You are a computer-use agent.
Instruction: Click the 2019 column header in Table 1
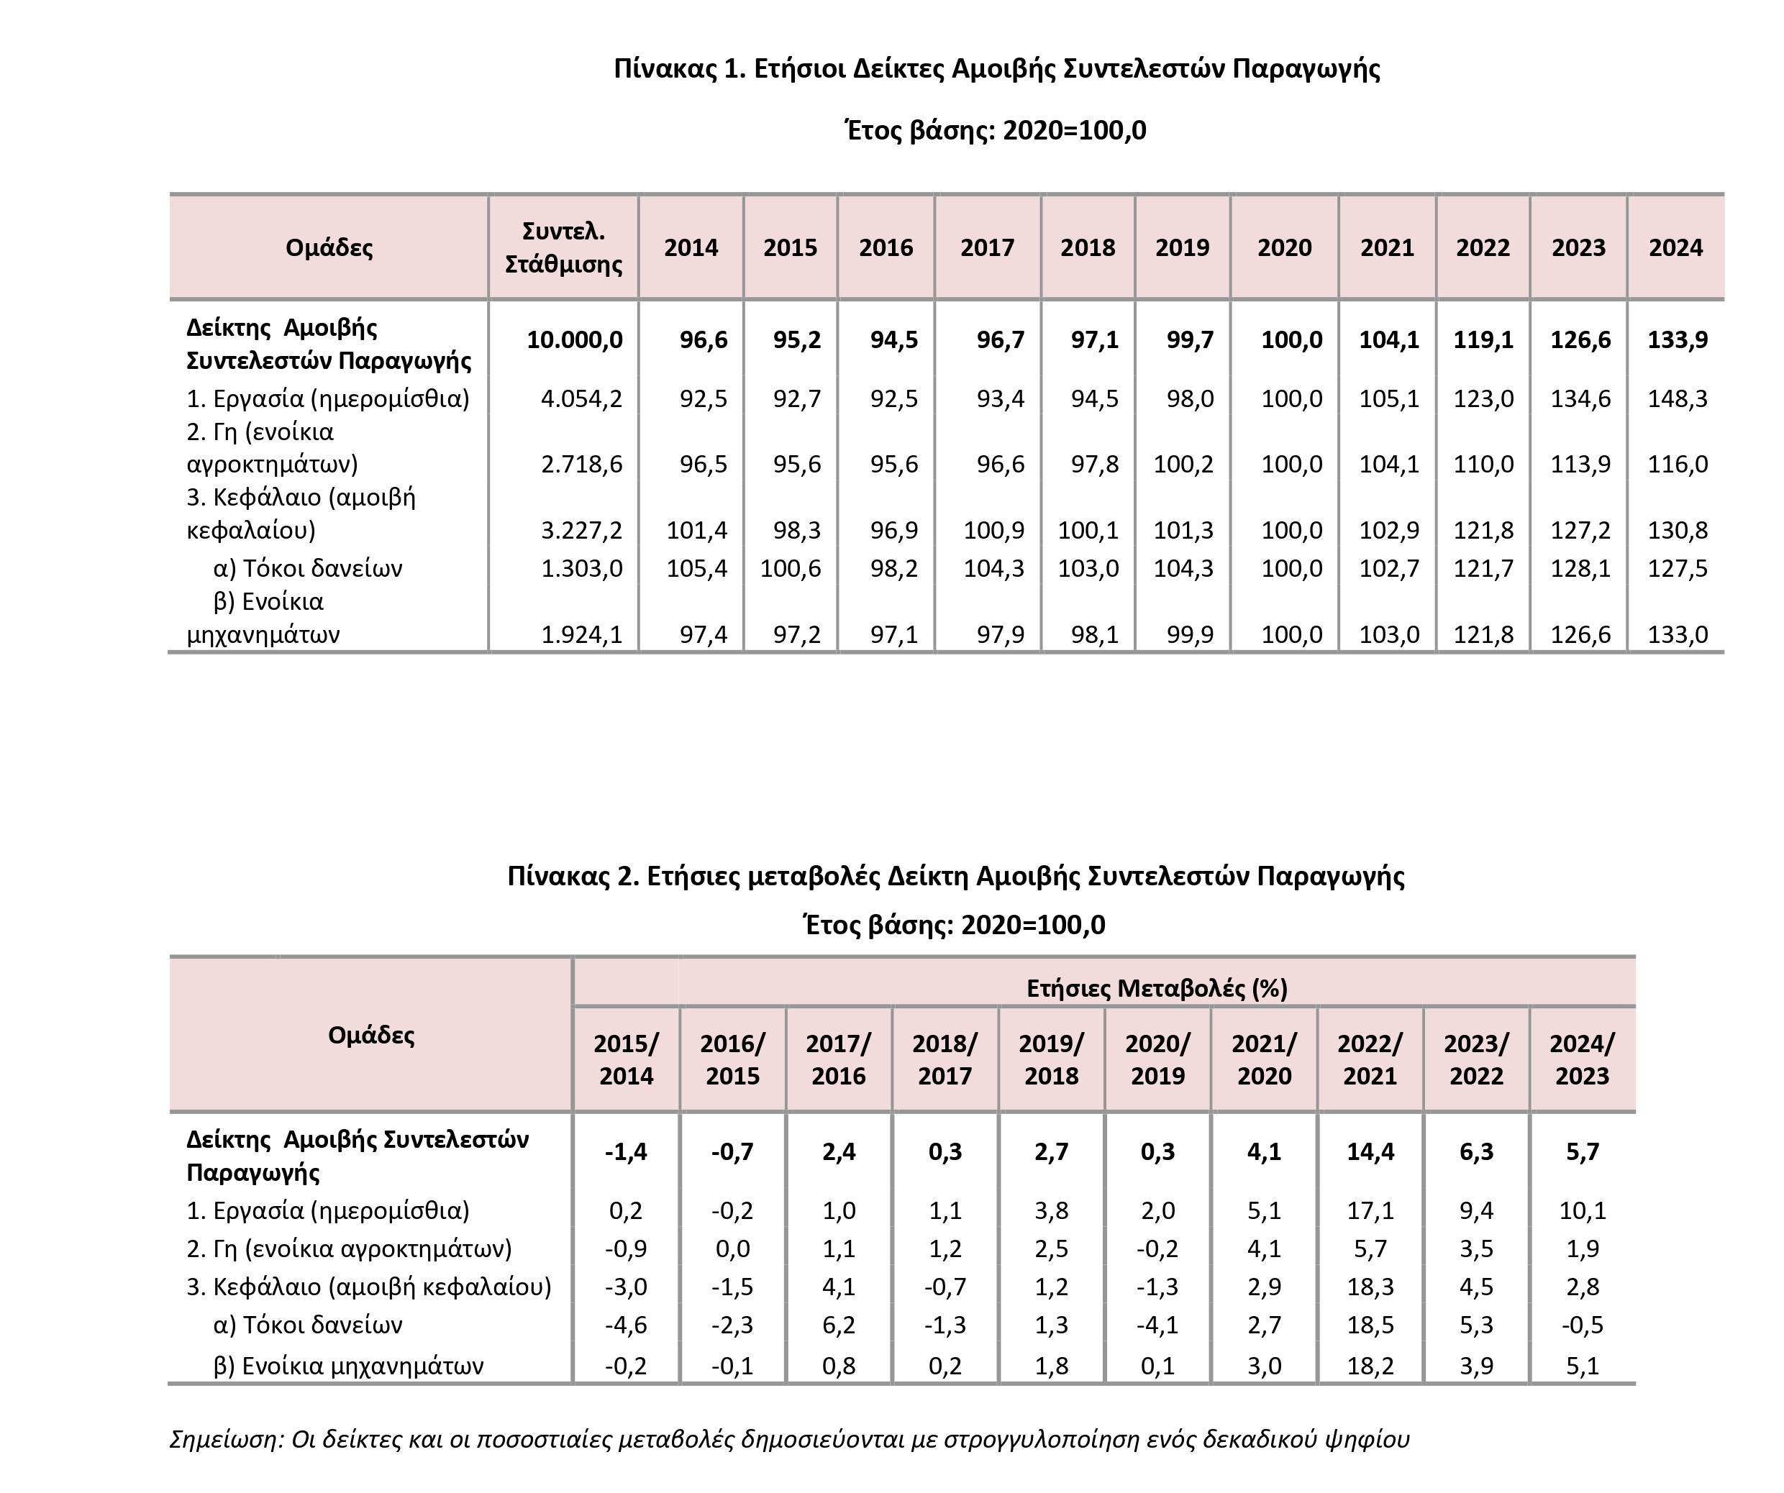point(1182,247)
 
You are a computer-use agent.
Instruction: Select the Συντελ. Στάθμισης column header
point(563,247)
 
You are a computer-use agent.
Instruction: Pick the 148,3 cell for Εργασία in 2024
point(1677,398)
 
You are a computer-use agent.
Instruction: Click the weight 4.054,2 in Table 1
point(581,398)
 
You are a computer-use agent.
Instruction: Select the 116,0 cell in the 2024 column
point(1677,464)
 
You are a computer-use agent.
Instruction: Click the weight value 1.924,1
point(581,634)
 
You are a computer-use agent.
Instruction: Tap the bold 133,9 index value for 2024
point(1677,339)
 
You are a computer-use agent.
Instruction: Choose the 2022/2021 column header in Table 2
point(1370,1059)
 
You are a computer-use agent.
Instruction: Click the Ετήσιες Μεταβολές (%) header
point(1157,987)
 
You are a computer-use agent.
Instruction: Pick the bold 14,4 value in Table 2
point(1370,1151)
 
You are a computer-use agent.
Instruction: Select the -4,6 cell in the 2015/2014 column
point(626,1325)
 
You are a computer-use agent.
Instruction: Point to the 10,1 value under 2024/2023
point(1582,1210)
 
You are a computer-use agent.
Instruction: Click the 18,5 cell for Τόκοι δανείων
point(1370,1325)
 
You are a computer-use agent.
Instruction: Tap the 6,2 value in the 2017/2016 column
point(839,1325)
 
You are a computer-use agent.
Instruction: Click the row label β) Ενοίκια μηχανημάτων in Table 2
point(348,1366)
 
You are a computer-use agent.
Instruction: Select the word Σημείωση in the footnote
point(224,1440)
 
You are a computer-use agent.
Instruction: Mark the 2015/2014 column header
point(626,1059)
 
